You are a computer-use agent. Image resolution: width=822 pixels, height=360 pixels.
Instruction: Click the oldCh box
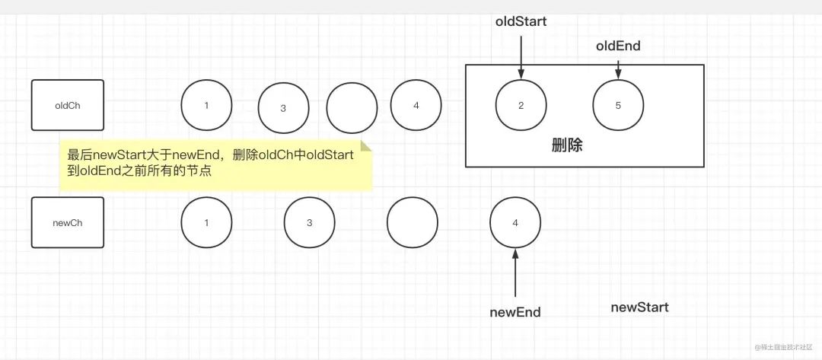[x=68, y=105]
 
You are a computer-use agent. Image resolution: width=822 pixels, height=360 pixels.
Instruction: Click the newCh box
[x=68, y=222]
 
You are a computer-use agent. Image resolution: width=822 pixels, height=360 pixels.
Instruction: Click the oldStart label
[x=521, y=21]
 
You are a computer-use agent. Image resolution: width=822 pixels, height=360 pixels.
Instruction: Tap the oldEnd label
[x=618, y=46]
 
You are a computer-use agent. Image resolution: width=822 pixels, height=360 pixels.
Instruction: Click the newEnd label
[x=515, y=312]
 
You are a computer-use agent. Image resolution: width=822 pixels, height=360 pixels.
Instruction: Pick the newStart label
[x=639, y=307]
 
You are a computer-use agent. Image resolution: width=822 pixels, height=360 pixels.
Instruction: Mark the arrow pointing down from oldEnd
[x=618, y=70]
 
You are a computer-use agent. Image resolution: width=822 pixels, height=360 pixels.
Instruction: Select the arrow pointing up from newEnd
[x=515, y=272]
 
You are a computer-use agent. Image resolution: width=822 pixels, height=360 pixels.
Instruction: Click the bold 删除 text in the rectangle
[x=567, y=145]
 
